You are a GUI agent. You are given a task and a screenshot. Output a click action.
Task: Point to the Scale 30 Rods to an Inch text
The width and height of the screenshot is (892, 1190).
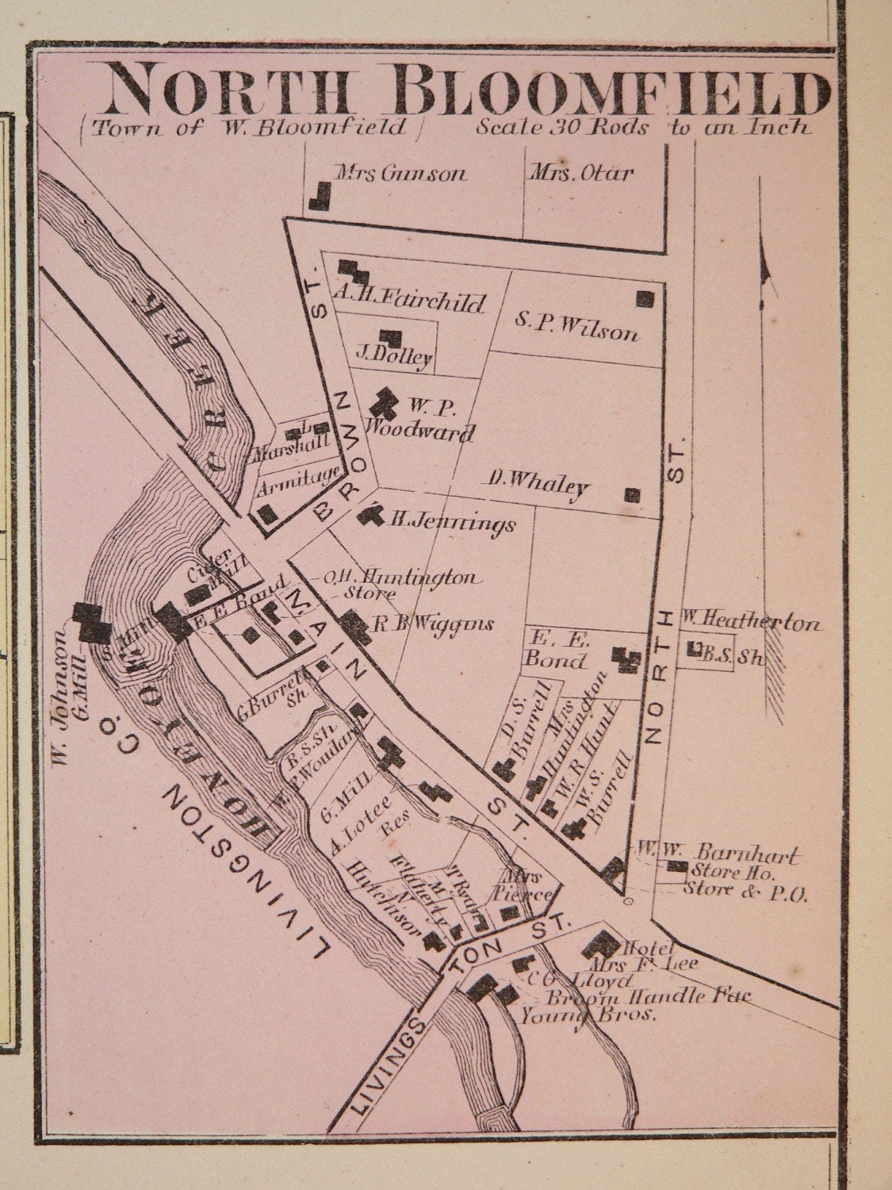[643, 128]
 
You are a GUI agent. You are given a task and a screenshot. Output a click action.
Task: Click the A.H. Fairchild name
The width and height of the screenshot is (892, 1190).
[408, 301]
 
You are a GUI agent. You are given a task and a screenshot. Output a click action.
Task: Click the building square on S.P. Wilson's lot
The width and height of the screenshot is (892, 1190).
[645, 299]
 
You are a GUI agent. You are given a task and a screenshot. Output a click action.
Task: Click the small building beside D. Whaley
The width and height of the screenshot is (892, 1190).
[632, 495]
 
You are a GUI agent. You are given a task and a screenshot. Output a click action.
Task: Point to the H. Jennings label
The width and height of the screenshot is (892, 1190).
[452, 522]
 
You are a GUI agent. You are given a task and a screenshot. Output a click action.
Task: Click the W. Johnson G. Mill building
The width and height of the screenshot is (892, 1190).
[92, 623]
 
